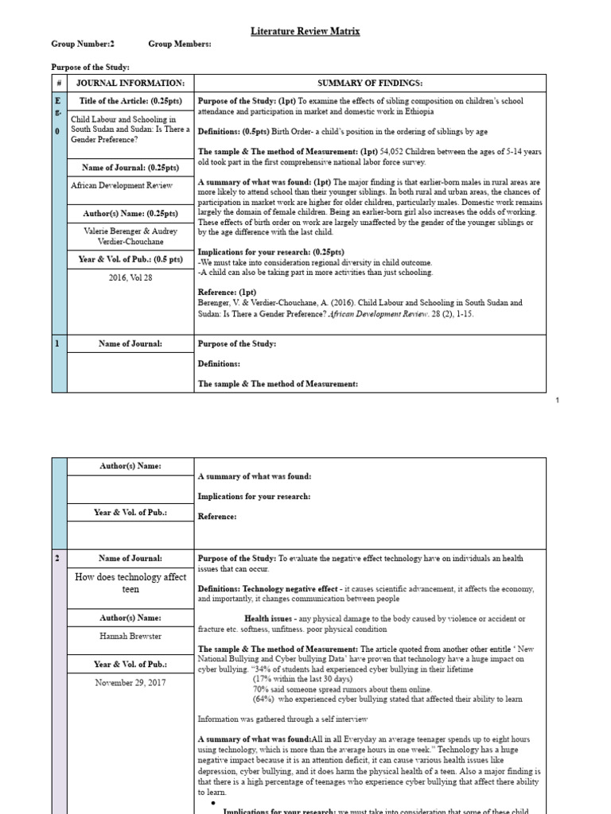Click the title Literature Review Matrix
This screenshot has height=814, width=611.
point(305,31)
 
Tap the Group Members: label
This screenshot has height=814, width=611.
point(179,45)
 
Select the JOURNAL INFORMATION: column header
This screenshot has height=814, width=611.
point(130,83)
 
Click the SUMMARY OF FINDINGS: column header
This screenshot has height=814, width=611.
point(370,83)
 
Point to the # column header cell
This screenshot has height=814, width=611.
point(59,83)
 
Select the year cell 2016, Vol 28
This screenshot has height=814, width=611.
point(130,277)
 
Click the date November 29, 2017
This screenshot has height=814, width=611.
point(130,682)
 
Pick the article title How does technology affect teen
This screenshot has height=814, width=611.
point(130,583)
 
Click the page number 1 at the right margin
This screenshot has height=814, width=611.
point(557,400)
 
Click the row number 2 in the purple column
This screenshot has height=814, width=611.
point(58,559)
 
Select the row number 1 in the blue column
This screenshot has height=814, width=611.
point(58,343)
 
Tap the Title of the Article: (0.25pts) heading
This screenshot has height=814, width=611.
point(130,102)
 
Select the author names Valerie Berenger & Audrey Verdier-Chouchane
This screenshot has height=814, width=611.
point(130,236)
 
